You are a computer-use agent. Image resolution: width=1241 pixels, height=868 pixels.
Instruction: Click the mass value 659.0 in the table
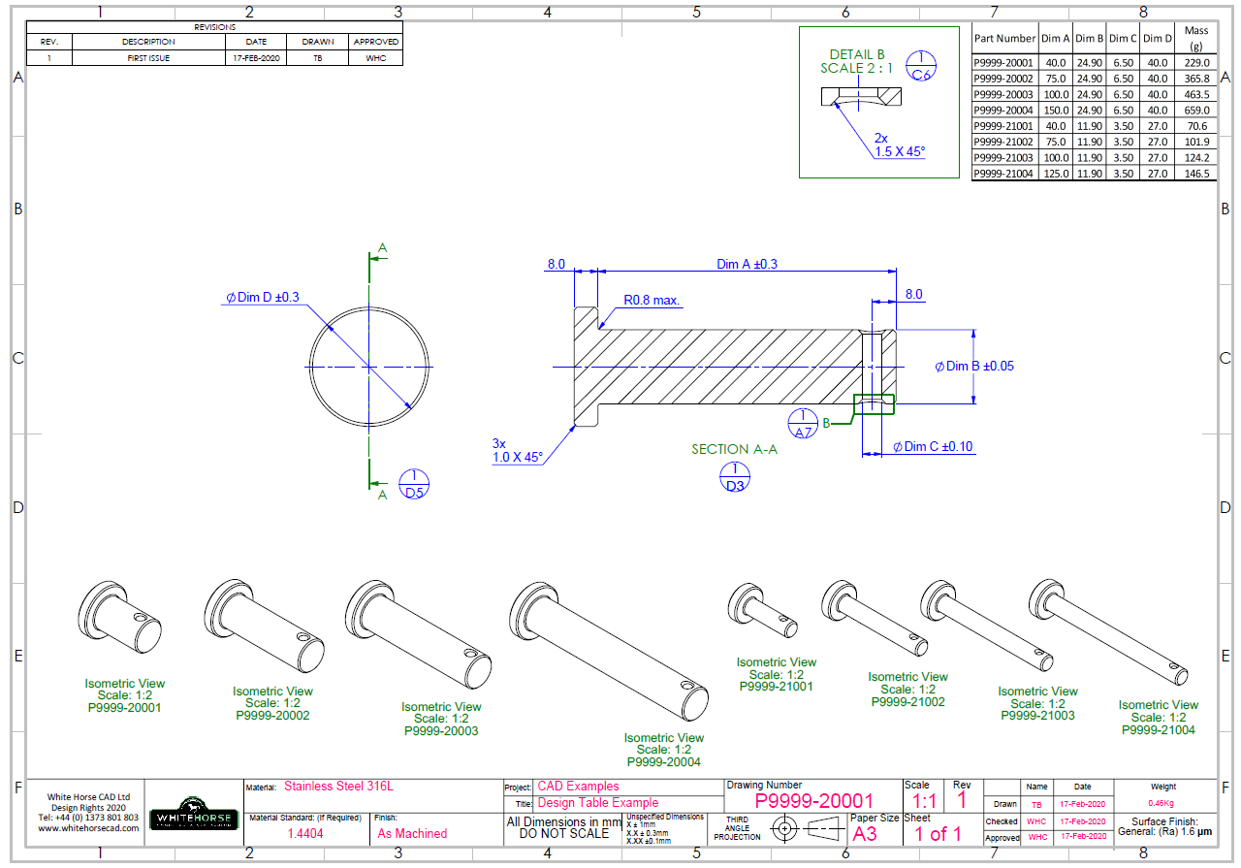point(1196,111)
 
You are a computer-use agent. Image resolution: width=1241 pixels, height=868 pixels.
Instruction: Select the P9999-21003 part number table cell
point(1003,157)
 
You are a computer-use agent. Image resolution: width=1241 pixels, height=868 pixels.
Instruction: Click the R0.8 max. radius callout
point(651,301)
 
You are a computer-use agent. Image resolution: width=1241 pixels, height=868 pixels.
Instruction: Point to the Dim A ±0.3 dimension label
point(747,264)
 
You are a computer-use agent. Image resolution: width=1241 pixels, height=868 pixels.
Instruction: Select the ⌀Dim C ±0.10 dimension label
point(933,447)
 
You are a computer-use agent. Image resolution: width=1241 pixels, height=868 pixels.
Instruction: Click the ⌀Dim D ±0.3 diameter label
point(262,298)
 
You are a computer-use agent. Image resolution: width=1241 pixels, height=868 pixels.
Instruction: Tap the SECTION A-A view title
point(734,449)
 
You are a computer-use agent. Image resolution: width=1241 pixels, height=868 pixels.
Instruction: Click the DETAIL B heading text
point(857,55)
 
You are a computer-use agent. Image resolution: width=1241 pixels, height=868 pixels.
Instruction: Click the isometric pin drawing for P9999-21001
point(762,611)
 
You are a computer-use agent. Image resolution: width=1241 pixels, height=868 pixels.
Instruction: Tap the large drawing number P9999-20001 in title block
point(813,801)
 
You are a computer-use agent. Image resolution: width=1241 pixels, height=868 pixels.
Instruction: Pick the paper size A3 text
point(864,833)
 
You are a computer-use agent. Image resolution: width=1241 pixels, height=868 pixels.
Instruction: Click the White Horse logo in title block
point(194,818)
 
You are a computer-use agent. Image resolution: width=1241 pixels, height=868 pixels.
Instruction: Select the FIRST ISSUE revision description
point(148,58)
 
